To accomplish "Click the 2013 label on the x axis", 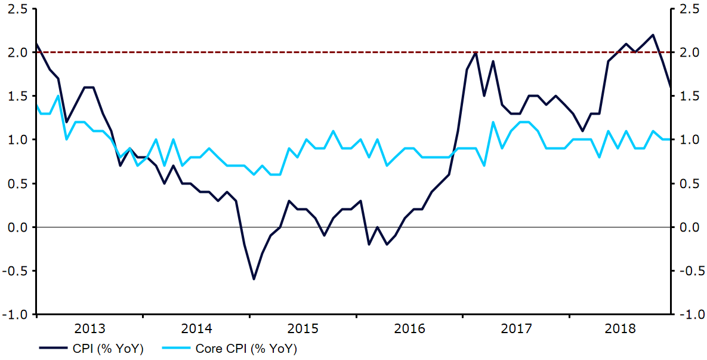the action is click(x=90, y=328).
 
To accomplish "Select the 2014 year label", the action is click(x=197, y=328).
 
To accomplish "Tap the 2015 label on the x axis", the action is click(x=303, y=328).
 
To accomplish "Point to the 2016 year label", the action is click(x=409, y=328).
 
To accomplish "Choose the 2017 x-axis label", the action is click(x=516, y=328).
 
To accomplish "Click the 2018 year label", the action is click(x=622, y=328).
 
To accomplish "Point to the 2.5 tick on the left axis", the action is click(x=18, y=9).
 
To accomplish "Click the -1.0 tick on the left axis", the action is click(x=16, y=315).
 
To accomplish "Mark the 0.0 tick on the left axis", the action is click(x=18, y=227).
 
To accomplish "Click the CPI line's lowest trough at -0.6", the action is click(x=254, y=279).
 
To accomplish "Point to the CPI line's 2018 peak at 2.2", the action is click(x=653, y=35).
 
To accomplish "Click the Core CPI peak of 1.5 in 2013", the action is click(x=58, y=96).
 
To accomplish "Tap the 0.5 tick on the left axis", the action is click(x=18, y=183).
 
